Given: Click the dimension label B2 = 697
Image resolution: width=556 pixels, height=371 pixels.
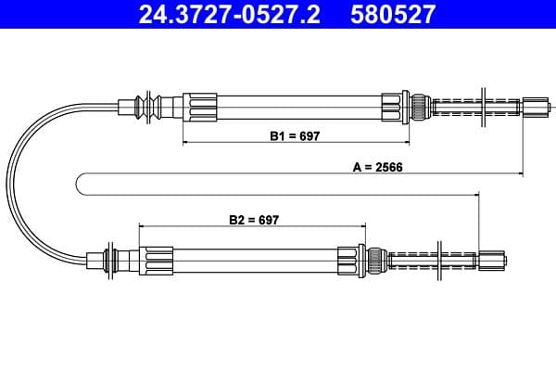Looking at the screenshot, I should [253, 221].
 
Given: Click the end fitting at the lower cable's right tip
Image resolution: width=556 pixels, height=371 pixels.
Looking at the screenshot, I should [493, 260].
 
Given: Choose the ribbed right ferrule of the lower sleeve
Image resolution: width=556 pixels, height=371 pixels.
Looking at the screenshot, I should [351, 259].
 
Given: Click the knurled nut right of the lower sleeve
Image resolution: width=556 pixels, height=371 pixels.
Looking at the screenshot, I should [376, 259].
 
